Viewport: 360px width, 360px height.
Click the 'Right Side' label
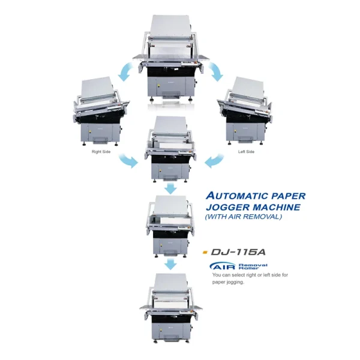(101, 152)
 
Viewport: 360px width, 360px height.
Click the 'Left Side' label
(246, 152)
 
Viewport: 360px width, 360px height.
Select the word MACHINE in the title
(277, 207)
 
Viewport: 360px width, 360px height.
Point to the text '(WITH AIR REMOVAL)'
(244, 217)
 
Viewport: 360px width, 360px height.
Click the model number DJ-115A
(238, 252)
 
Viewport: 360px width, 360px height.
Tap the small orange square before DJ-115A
(205, 253)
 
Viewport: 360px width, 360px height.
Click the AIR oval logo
(223, 266)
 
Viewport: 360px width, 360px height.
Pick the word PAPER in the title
(289, 196)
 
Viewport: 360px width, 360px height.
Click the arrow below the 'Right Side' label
(128, 161)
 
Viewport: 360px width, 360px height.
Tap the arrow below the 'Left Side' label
(214, 161)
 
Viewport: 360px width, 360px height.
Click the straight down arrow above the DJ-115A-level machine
(170, 189)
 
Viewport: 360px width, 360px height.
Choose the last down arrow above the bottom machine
(170, 265)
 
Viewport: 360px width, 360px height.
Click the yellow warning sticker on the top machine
(158, 86)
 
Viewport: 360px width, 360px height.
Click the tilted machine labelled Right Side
(101, 112)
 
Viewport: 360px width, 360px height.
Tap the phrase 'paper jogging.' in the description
(228, 282)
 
